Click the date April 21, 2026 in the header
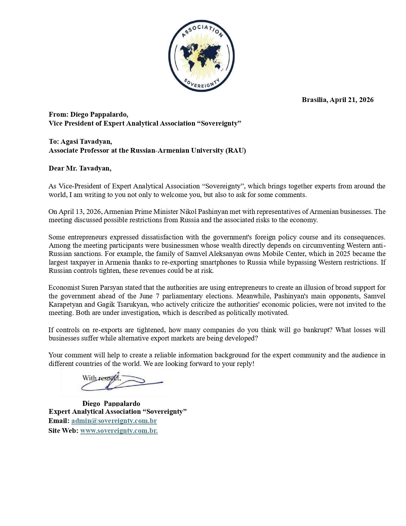[x=352, y=100]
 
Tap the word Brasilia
[x=314, y=100]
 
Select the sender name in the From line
[x=99, y=114]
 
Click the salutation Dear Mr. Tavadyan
[x=80, y=168]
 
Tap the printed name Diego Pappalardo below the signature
[x=111, y=403]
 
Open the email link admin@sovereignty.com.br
[x=114, y=421]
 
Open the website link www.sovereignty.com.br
[x=119, y=431]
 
